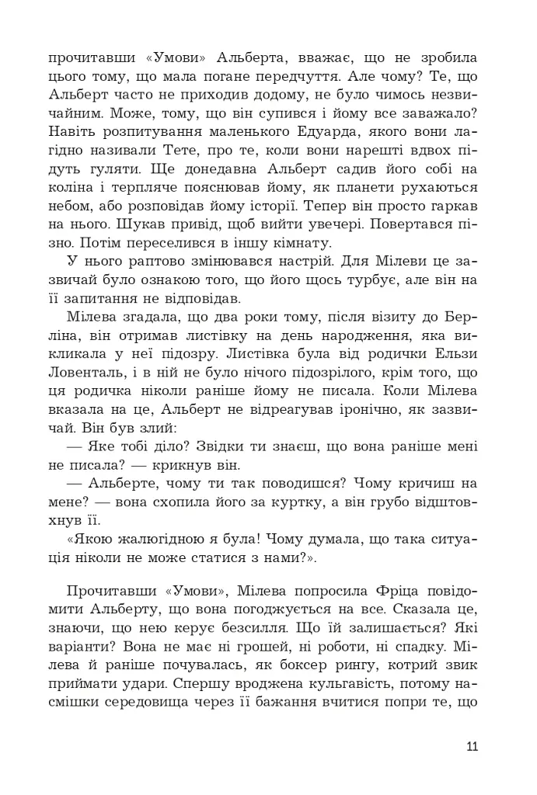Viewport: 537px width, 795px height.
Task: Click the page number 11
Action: (472, 748)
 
